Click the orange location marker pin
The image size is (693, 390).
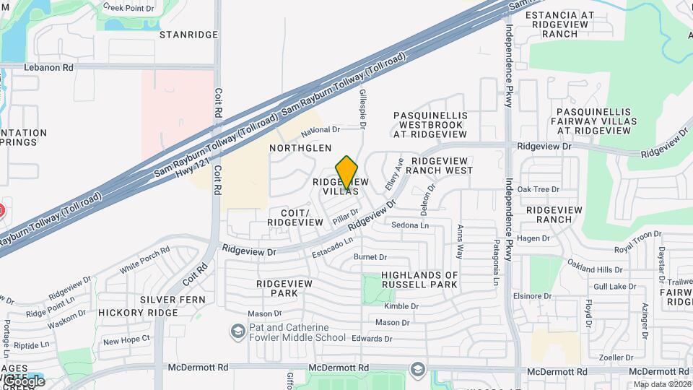347,172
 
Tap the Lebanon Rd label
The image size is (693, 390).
49,67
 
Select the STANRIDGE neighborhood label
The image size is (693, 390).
188,35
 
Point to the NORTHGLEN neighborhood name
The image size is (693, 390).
300,147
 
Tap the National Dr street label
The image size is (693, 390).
321,131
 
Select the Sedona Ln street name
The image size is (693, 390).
410,225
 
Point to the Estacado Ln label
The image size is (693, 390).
333,248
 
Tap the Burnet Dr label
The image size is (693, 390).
370,257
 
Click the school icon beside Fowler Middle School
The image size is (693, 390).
237,331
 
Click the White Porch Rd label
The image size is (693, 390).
144,259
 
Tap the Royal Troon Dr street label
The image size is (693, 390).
637,242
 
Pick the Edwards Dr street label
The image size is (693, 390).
372,339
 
